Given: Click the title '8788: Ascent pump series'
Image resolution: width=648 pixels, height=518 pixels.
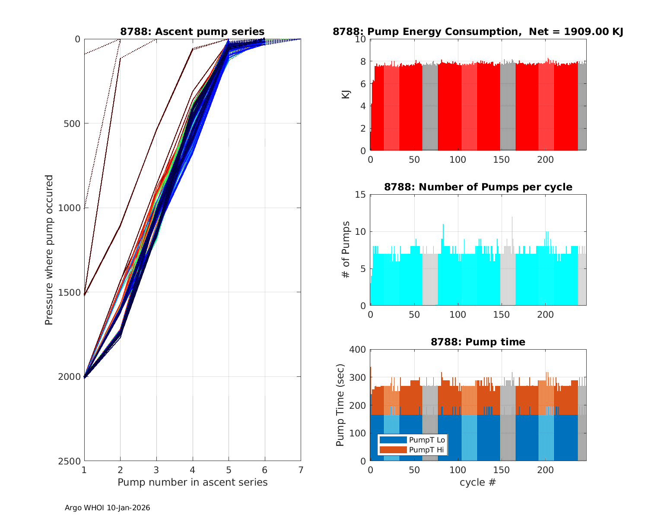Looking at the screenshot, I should click(x=192, y=32).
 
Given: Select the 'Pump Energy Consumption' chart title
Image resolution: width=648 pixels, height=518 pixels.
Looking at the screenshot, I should click(x=478, y=32).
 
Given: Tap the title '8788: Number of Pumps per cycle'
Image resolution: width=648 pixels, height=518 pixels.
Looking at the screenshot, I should click(x=478, y=187).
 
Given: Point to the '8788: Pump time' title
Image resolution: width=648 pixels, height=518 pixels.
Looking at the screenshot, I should click(x=478, y=342).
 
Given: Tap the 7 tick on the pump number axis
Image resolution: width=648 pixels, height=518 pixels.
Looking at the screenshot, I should click(x=301, y=470).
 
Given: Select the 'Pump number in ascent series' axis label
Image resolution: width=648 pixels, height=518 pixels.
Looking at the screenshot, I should click(x=192, y=482).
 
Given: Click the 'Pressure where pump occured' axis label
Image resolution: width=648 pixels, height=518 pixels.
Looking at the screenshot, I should click(x=49, y=250).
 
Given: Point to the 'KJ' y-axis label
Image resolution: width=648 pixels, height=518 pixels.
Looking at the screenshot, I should click(x=346, y=95).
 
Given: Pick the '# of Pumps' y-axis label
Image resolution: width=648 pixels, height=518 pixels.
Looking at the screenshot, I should click(x=346, y=250).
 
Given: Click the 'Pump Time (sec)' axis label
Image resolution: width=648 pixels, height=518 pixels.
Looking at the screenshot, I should click(x=340, y=405).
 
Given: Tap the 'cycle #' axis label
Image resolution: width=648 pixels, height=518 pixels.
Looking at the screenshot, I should click(x=478, y=482).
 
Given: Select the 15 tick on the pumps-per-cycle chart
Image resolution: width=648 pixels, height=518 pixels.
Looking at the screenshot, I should click(x=361, y=195).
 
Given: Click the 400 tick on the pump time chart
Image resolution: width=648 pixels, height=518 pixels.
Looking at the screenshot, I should click(x=358, y=350).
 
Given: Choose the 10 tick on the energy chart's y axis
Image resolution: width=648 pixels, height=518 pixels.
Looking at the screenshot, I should click(x=361, y=39).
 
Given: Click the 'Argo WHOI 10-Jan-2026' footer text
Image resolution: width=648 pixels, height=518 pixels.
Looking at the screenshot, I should click(x=107, y=508).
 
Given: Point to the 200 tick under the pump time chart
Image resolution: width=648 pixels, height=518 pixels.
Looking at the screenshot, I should click(x=545, y=470).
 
